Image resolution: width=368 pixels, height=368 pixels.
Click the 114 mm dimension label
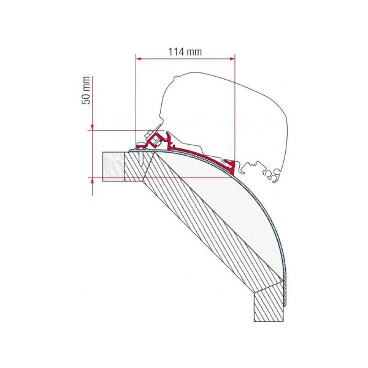[185, 52]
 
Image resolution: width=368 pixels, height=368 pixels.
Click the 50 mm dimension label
[86, 90]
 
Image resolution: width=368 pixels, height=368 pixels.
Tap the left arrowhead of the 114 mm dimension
[139, 59]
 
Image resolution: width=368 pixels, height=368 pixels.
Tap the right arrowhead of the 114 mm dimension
[232, 59]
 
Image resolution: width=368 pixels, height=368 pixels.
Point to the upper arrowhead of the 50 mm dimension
[92, 128]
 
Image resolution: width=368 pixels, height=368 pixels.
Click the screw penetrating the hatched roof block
[141, 157]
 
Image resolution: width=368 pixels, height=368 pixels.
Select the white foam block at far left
[113, 167]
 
